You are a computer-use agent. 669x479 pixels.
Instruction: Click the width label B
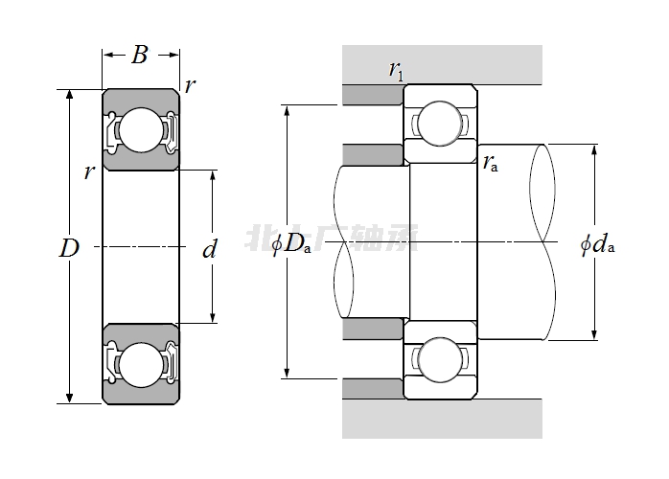140,56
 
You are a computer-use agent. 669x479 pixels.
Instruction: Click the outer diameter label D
69,249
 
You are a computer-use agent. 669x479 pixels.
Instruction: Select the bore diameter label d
210,251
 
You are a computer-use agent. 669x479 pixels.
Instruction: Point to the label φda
596,244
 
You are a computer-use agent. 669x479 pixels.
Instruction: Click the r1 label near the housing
395,69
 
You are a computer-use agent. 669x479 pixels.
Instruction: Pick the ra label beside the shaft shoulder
490,162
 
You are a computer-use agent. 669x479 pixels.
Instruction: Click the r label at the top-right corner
191,85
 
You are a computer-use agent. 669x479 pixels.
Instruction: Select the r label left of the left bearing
89,172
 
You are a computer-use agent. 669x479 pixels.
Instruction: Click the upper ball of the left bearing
141,129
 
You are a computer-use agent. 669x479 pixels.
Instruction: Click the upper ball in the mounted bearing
440,122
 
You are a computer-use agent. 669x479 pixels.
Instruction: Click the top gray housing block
441,63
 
